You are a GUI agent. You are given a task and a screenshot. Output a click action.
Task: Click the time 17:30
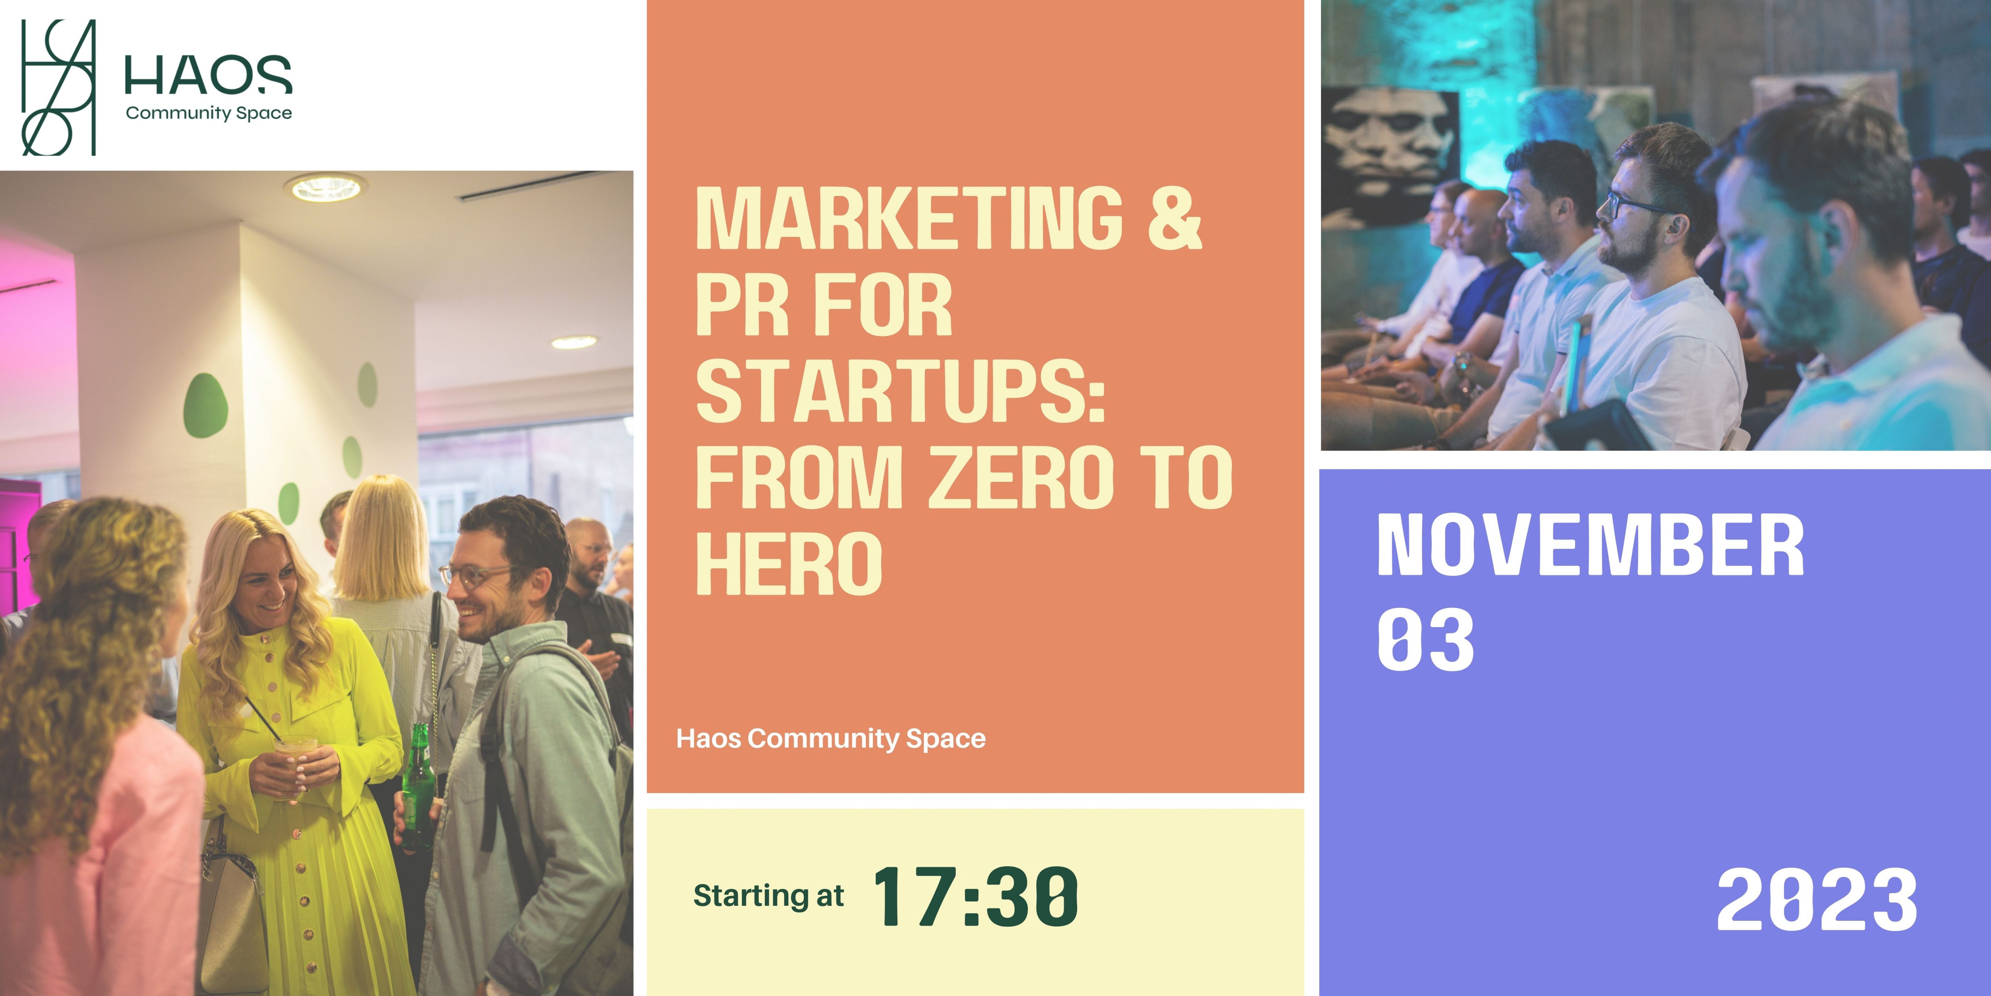[975, 897]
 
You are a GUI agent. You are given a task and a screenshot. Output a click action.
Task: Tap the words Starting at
[768, 895]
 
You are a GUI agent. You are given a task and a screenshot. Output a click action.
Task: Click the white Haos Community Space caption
[831, 738]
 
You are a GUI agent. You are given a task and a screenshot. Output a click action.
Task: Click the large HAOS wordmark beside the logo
[208, 74]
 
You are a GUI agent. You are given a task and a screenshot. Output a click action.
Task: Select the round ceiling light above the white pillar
[325, 187]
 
